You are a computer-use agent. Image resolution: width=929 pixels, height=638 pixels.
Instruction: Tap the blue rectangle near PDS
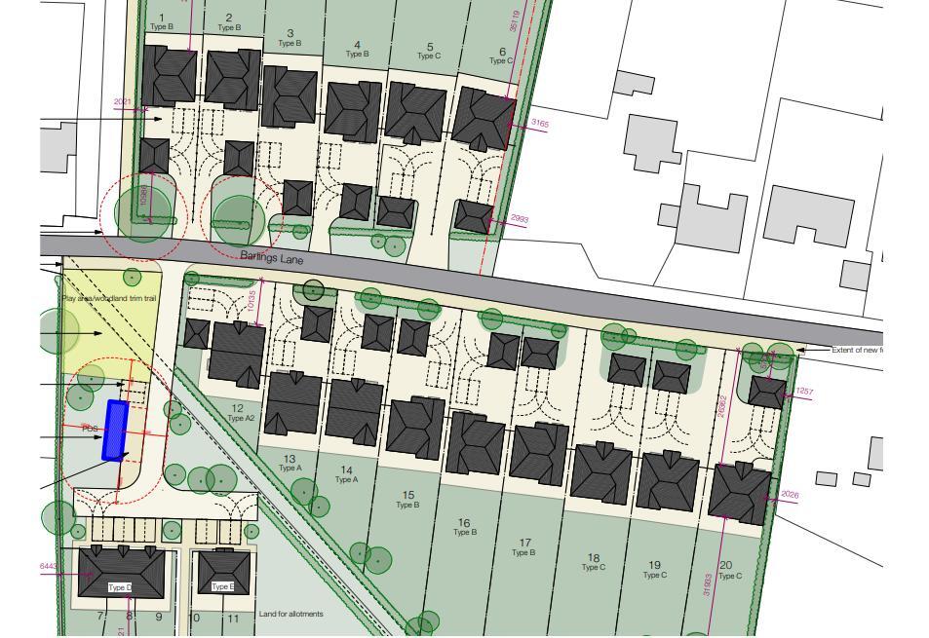[x=116, y=430]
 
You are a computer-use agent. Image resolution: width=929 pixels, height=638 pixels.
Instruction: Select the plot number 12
[x=238, y=408]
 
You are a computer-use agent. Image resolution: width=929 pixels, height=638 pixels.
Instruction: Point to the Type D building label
[x=119, y=587]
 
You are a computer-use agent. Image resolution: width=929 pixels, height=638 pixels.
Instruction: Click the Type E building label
[x=222, y=586]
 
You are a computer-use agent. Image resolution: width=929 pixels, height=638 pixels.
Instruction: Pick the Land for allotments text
[x=290, y=614]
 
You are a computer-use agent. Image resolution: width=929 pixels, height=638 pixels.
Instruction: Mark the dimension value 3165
[x=539, y=124]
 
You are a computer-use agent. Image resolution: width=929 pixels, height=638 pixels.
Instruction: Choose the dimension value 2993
[x=519, y=219]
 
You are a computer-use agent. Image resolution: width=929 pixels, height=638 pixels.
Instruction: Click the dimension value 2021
[x=123, y=102]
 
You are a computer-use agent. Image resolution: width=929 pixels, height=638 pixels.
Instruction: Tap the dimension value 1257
[x=803, y=392]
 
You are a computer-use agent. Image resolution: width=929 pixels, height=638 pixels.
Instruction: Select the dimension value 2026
[x=789, y=495]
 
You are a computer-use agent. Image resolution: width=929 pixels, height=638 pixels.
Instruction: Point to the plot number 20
[x=725, y=565]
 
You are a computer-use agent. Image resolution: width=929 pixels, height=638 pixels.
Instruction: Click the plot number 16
[x=464, y=523]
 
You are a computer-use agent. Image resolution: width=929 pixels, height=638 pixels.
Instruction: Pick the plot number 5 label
[x=429, y=47]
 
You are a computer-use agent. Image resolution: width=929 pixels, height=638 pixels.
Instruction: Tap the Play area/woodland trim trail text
[x=109, y=298]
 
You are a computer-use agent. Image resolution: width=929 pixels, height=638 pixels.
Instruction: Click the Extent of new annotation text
[x=856, y=350]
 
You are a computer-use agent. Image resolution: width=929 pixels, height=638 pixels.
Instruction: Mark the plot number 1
[x=161, y=18]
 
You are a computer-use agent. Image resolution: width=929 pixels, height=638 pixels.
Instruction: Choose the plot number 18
[x=593, y=558]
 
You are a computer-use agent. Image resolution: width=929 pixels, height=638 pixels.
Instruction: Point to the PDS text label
[x=90, y=429]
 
